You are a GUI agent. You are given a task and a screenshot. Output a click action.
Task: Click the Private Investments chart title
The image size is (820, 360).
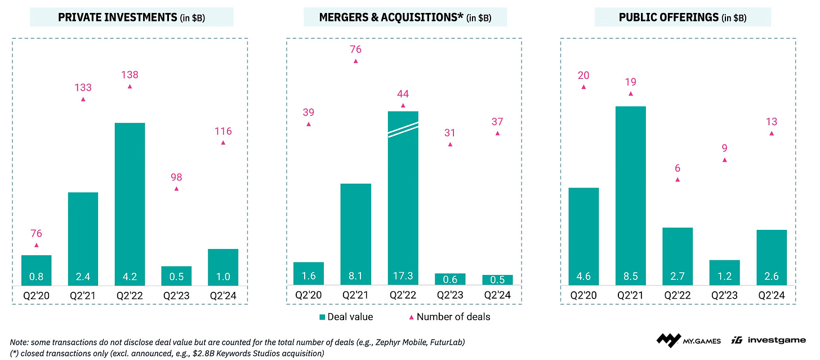pos(131,17)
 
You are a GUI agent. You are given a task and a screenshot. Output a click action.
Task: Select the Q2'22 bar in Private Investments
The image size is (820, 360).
pos(130,203)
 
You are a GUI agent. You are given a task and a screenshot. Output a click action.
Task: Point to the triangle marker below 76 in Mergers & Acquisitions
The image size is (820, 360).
pos(356,61)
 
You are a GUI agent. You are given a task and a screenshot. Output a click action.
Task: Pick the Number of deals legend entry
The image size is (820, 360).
pos(451,317)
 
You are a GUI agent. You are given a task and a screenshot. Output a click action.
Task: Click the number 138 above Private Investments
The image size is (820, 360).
pos(130,74)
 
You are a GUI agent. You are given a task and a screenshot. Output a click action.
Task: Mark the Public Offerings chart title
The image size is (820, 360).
pos(683,17)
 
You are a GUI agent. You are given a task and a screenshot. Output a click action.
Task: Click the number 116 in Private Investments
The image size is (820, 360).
pos(223,131)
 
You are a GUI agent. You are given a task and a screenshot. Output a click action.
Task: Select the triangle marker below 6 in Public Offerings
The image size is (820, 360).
pos(678,180)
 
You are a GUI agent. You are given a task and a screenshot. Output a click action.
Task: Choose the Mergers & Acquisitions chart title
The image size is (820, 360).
pos(405,17)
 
